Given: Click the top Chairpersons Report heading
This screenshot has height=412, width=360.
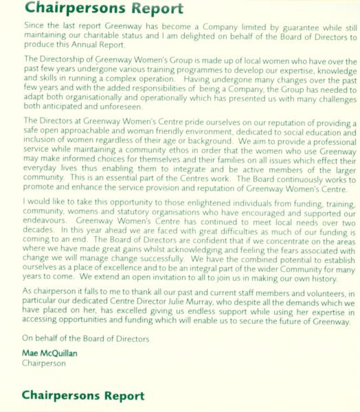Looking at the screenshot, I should click(x=104, y=8).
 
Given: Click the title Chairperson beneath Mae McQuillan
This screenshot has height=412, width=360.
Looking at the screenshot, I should click(x=43, y=363).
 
